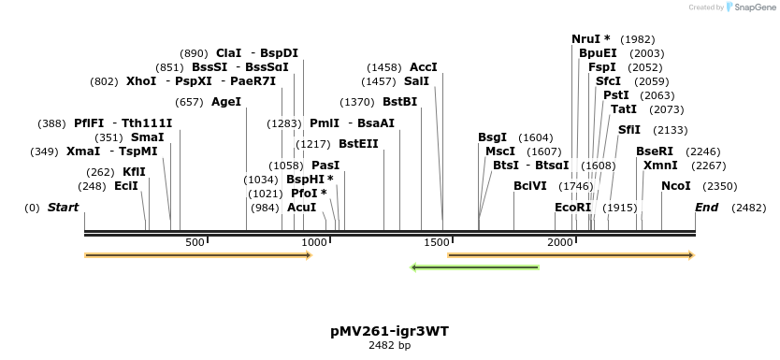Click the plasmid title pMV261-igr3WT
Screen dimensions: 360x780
389,331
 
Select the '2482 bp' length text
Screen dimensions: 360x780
389,346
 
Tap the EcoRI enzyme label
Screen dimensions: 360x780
573,208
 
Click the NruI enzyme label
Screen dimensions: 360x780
590,39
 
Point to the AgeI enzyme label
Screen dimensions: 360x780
226,102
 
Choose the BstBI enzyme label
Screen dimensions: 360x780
399,102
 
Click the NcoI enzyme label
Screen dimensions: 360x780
675,186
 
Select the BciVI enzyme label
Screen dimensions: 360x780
530,186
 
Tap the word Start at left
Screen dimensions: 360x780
63,208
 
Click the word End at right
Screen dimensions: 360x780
706,208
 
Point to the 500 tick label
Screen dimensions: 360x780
195,243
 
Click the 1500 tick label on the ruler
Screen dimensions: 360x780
437,243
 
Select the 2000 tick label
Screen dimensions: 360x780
559,243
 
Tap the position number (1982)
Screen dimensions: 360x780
637,39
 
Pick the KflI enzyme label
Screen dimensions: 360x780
134,172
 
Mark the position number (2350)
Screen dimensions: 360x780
719,186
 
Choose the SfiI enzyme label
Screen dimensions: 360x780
629,130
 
